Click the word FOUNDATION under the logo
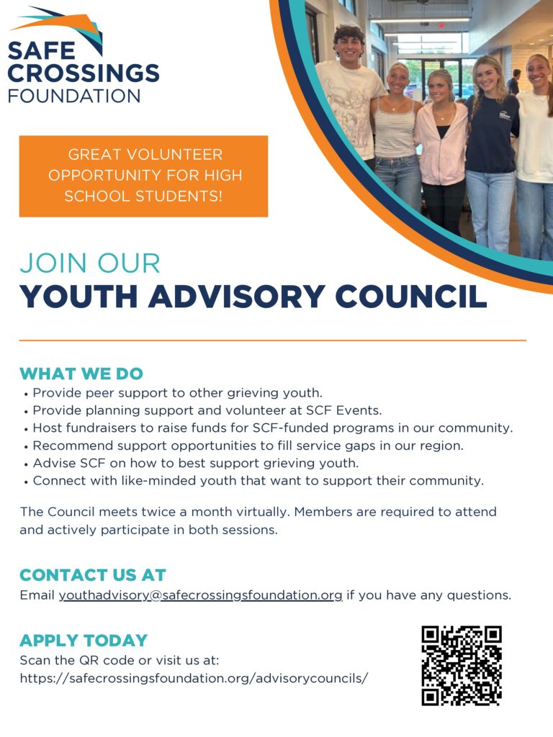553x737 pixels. pos(74,96)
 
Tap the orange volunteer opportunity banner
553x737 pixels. pos(143,176)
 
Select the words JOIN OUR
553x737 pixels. pos(90,263)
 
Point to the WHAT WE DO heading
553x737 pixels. pos(81,374)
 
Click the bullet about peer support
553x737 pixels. pos(177,393)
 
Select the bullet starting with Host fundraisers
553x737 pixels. pos(272,428)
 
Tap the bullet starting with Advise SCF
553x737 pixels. pos(195,463)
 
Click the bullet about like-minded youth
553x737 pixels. pos(258,480)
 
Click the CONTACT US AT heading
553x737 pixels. pos(93,575)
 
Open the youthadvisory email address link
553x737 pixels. pos(200,595)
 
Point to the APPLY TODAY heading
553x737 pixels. pos(84,641)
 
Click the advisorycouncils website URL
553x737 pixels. pos(194,678)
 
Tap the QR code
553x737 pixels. pos(461,666)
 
